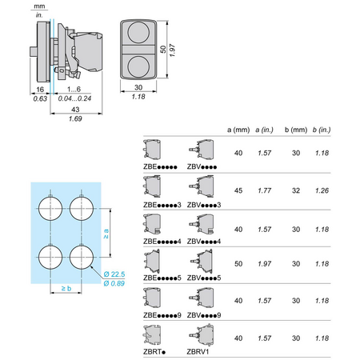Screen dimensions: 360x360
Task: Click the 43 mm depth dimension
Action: (x=75, y=110)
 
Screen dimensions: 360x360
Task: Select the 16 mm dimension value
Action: (x=40, y=90)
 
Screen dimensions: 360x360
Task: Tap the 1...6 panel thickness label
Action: (x=74, y=89)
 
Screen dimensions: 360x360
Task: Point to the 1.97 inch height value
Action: (x=173, y=50)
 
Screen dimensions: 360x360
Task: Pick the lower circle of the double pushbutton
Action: (x=138, y=66)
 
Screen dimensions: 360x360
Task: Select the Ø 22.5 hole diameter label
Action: (x=114, y=274)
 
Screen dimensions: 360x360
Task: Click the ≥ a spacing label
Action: (x=106, y=234)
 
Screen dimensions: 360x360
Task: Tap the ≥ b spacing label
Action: (x=66, y=288)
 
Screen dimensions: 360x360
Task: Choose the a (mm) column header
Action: (x=238, y=130)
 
